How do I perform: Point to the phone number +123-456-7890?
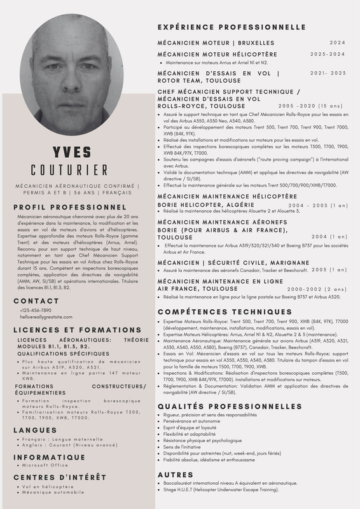pos(36,310)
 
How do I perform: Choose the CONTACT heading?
pos(36,301)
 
